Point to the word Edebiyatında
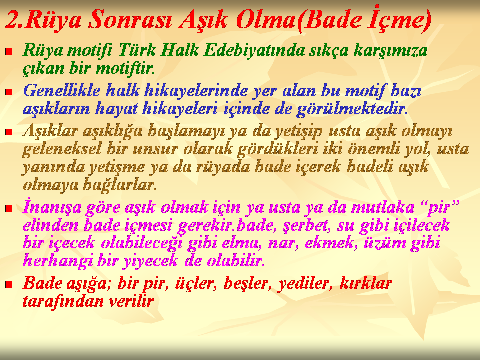254,50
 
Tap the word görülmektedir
352,109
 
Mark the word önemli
374,149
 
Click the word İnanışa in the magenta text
52,207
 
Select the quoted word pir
441,207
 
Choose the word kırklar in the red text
366,283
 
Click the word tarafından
63,301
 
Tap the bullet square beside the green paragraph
9,51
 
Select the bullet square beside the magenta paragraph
9,209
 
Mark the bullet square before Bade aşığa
9,285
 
